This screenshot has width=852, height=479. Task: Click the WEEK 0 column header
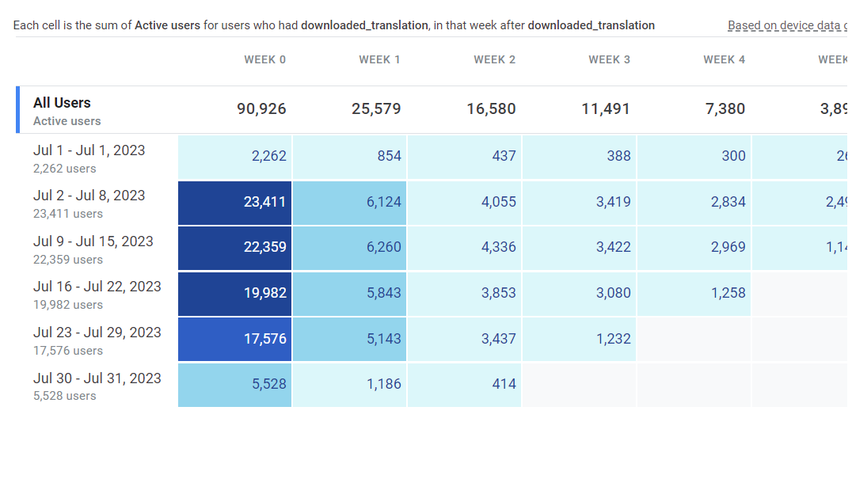[264, 60]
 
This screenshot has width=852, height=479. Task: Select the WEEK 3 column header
[609, 60]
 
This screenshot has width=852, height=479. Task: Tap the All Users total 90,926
[261, 109]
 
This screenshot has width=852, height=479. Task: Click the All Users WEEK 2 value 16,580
[491, 109]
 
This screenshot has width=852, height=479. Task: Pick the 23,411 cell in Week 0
[235, 203]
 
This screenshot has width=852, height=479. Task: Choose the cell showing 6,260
[350, 248]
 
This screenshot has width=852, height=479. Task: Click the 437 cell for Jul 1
[465, 157]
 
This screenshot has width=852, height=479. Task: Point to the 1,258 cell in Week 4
[694, 294]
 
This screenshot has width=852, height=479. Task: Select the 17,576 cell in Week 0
[235, 340]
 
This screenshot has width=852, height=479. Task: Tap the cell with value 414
[465, 385]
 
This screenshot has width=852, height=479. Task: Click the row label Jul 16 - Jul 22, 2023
[97, 287]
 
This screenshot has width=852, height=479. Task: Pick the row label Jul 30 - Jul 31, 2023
[97, 378]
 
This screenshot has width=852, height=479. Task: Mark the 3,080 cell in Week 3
[580, 294]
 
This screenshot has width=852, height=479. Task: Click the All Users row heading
[62, 103]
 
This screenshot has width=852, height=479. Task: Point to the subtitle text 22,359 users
[68, 260]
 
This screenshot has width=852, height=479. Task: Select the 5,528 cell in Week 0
[235, 385]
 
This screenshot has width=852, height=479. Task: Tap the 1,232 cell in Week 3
[580, 340]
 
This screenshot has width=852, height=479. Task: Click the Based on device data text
[784, 25]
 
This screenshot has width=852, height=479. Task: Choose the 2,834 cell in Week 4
[694, 203]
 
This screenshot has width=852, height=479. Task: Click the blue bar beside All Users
[17, 109]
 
